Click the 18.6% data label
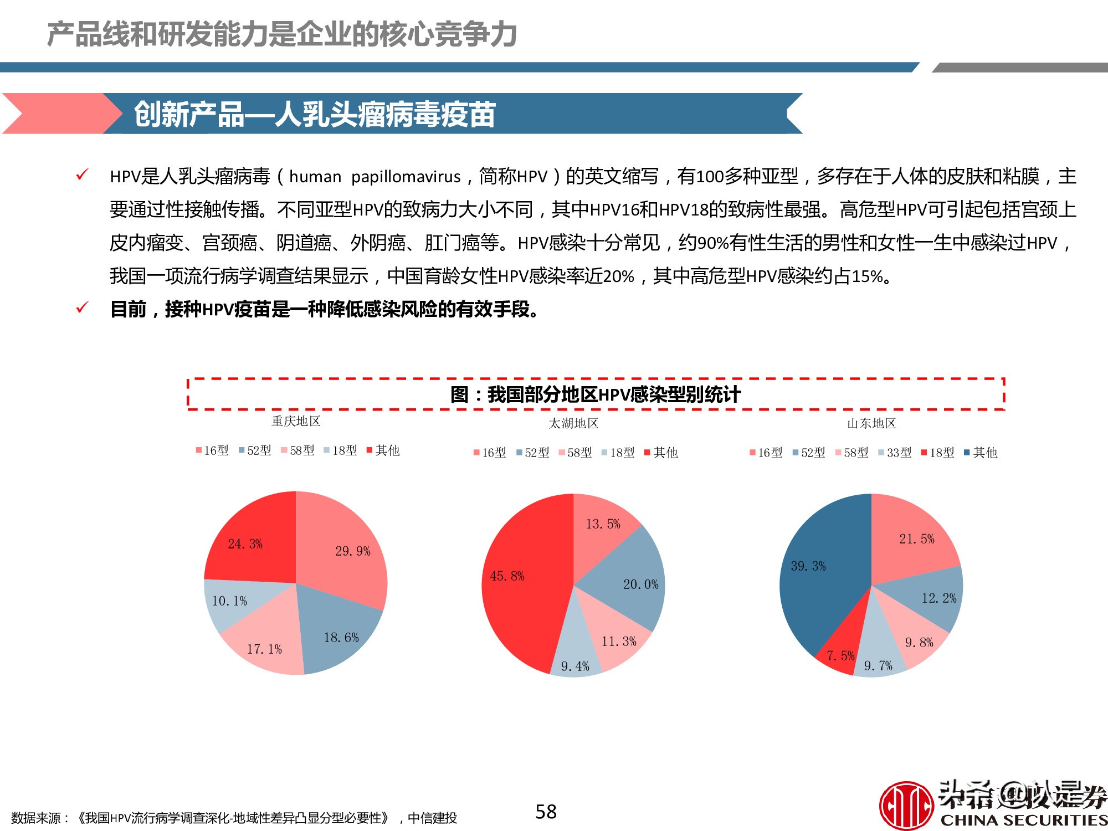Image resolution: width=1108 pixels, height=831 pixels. pos(341,638)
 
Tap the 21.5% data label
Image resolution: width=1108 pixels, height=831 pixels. pos(916,539)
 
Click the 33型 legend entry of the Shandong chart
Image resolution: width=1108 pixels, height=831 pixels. pos(895,453)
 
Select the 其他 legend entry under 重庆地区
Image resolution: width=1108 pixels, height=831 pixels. pos(383,450)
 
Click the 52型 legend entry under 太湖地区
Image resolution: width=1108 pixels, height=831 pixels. pos(532,453)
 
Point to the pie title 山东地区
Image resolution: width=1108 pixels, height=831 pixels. pos(871,423)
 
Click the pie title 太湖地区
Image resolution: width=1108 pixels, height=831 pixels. pos(573,423)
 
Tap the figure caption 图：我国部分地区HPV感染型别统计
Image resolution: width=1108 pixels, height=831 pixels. pos(596,394)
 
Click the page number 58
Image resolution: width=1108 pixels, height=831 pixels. pos(546,812)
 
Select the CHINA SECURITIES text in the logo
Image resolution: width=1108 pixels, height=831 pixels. pos(1023,820)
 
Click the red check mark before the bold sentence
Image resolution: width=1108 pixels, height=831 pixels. pos(82,307)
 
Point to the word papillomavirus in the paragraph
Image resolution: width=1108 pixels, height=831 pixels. pos(406,177)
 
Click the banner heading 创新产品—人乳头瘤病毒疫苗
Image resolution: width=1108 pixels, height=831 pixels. pos(314,114)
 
